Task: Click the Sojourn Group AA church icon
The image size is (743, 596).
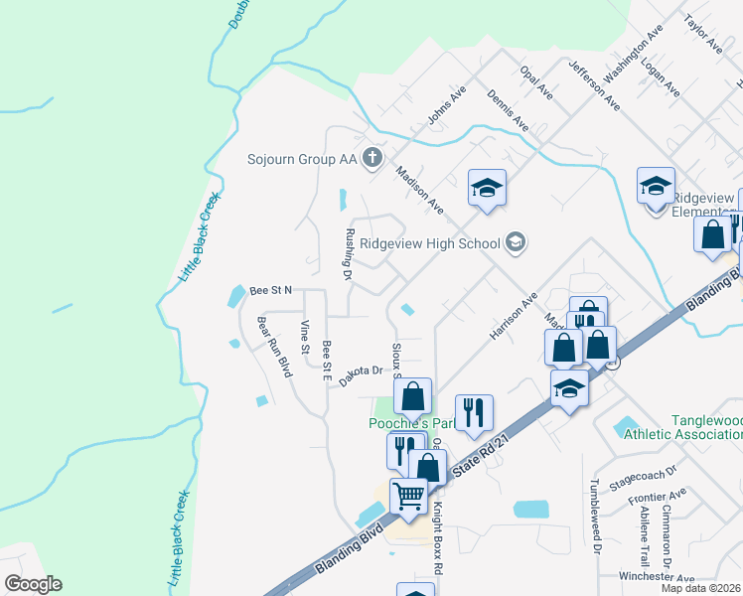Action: coord(372,159)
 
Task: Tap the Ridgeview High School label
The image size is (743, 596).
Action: coord(428,243)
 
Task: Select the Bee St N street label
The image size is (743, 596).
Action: coord(271,290)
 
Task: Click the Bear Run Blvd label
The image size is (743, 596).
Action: coord(273,347)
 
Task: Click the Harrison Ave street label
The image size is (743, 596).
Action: coord(513,316)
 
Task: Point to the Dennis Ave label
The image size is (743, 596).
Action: coord(508,109)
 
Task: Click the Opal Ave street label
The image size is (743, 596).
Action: coord(536,82)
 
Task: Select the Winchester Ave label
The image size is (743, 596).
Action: coord(633,575)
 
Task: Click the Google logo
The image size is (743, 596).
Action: coord(33,584)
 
